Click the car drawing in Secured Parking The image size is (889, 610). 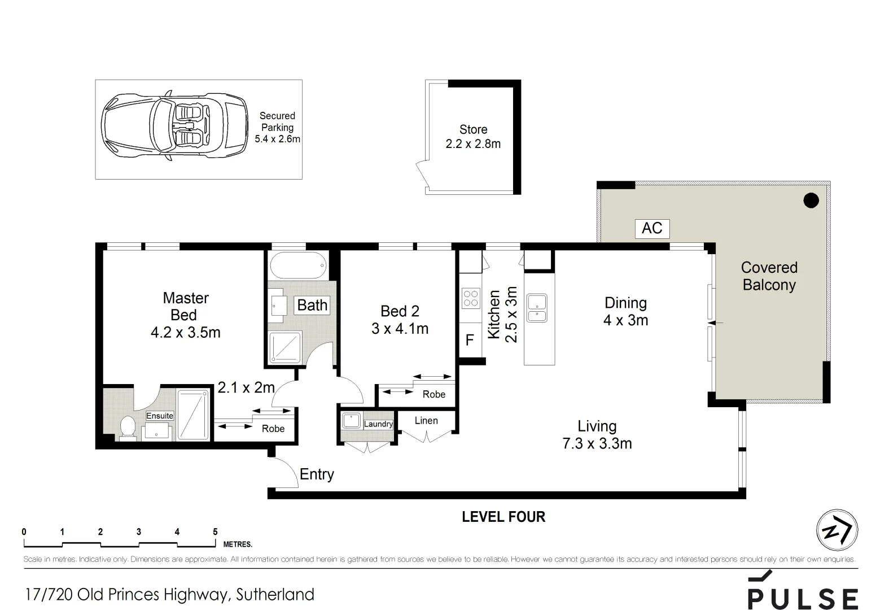174,129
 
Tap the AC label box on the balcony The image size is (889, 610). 652,228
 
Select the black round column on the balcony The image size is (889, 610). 811,200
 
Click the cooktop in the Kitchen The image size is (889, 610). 471,299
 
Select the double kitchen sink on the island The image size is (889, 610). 536,308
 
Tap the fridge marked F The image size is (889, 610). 470,340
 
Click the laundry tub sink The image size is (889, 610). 352,421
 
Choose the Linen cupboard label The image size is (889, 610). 426,420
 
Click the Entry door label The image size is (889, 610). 317,474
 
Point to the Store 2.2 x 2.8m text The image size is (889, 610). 473,137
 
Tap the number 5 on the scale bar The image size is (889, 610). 215,532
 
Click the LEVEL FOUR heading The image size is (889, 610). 503,517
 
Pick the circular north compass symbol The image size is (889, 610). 837,530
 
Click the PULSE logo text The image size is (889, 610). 803,598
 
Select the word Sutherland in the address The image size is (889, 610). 275,595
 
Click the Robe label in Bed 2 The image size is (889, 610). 433,394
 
